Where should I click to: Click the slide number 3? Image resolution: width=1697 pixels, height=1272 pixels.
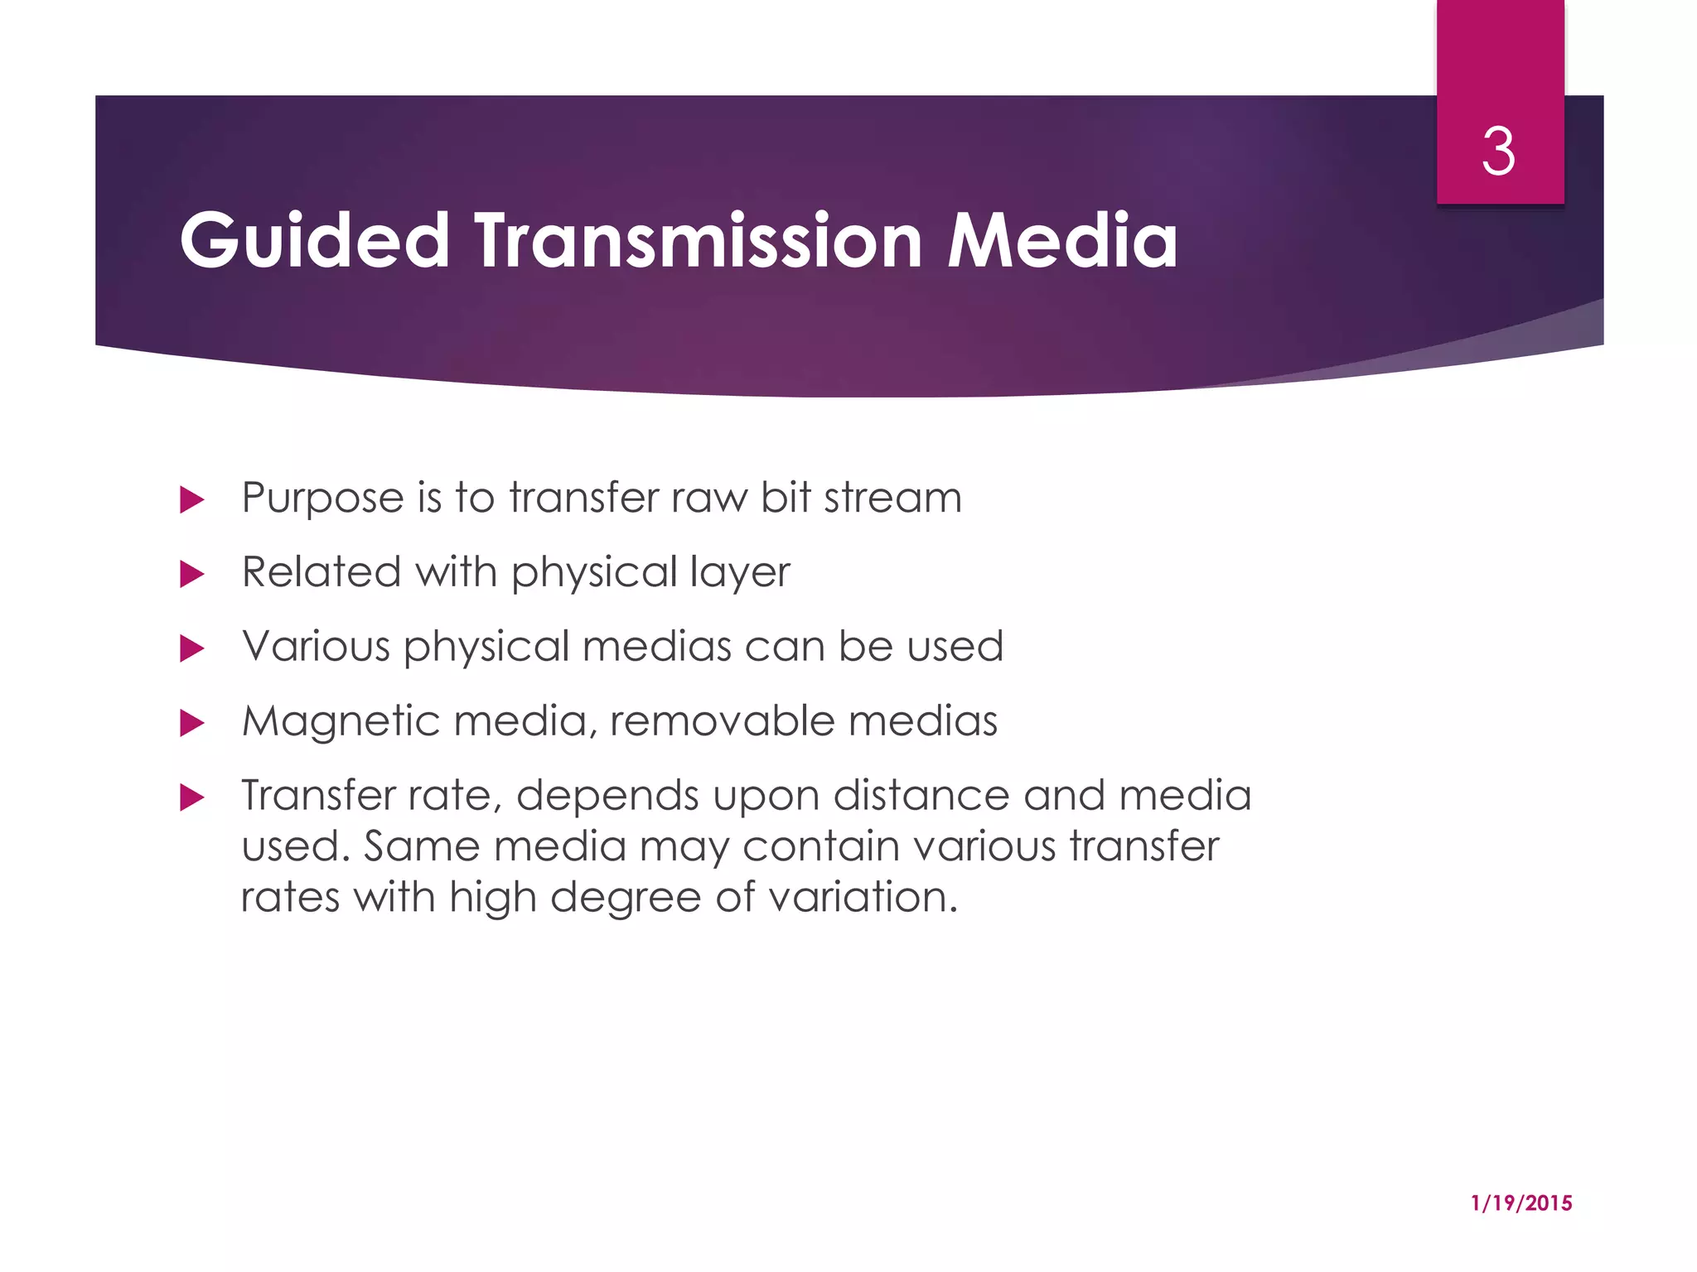pyautogui.click(x=1498, y=152)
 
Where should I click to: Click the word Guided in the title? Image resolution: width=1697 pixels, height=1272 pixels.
pyautogui.click(x=315, y=240)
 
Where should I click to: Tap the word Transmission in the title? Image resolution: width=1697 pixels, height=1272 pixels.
pyautogui.click(x=698, y=240)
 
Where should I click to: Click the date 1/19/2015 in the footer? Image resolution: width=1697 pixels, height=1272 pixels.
pyautogui.click(x=1521, y=1203)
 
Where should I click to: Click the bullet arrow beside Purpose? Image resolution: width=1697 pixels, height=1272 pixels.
pyautogui.click(x=191, y=499)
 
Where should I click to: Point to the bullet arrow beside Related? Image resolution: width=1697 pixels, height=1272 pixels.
pyautogui.click(x=191, y=574)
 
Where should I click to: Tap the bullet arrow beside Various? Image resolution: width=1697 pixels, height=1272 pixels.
pyautogui.click(x=191, y=648)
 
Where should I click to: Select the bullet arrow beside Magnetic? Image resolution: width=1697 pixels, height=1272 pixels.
pyautogui.click(x=191, y=723)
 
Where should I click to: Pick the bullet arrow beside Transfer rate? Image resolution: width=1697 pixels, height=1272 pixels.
pyautogui.click(x=191, y=797)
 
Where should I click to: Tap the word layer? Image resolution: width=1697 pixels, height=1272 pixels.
pyautogui.click(x=740, y=573)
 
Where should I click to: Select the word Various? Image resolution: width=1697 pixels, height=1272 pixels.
pyautogui.click(x=316, y=647)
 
